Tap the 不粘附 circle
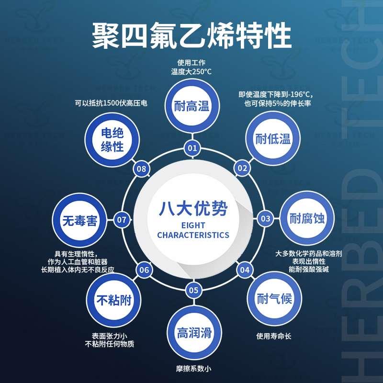pyautogui.click(x=113, y=300)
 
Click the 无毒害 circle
pyautogui.click(x=79, y=220)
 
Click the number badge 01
pyautogui.click(x=192, y=148)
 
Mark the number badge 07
pyautogui.click(x=122, y=220)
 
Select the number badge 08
pyautogui.click(x=141, y=169)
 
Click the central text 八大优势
pyautogui.click(x=193, y=209)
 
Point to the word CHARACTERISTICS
pyautogui.click(x=193, y=235)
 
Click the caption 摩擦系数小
pyautogui.click(x=193, y=369)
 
